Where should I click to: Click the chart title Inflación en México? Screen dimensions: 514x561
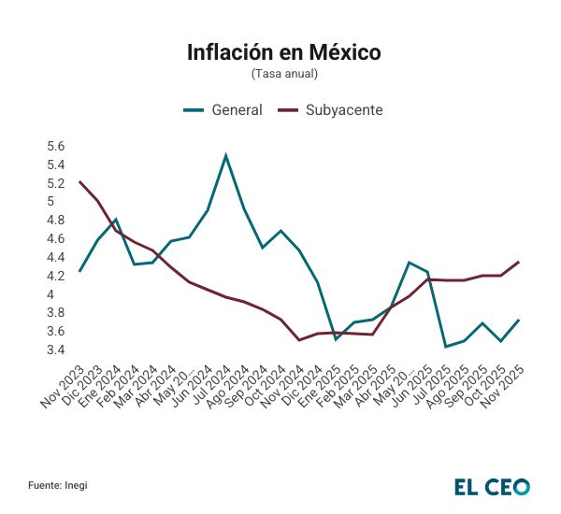coord(284,52)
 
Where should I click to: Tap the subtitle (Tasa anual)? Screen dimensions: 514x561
coord(284,73)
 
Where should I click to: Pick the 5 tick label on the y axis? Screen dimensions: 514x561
coord(62,202)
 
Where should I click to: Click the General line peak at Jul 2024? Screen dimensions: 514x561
coord(225,155)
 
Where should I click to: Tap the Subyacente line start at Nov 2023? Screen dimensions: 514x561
coord(80,182)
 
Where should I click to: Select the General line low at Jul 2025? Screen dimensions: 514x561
coord(445,347)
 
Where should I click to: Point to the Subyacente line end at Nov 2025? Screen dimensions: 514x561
coord(518,263)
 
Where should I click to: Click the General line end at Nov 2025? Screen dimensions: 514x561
coord(518,321)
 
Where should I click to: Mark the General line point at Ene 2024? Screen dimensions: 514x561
coord(115,220)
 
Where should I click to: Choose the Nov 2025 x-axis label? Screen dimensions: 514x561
coord(502,389)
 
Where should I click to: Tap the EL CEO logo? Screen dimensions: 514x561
coord(492,486)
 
